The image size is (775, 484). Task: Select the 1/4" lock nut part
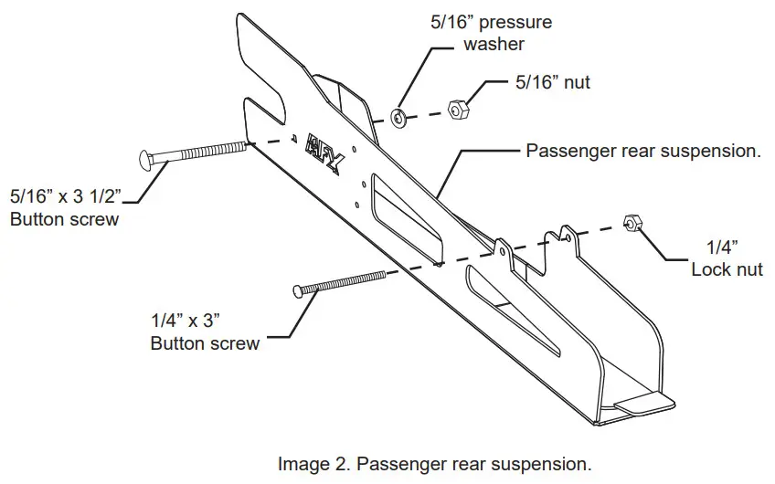pos(630,222)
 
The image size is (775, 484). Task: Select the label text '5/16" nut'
pos(553,83)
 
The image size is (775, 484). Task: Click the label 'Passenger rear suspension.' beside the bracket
pos(643,151)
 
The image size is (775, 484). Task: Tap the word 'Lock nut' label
pos(727,269)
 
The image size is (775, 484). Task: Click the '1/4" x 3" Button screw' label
pos(204,331)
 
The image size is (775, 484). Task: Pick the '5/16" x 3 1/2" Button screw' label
pos(73,206)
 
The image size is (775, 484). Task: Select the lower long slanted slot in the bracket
pos(512,310)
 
